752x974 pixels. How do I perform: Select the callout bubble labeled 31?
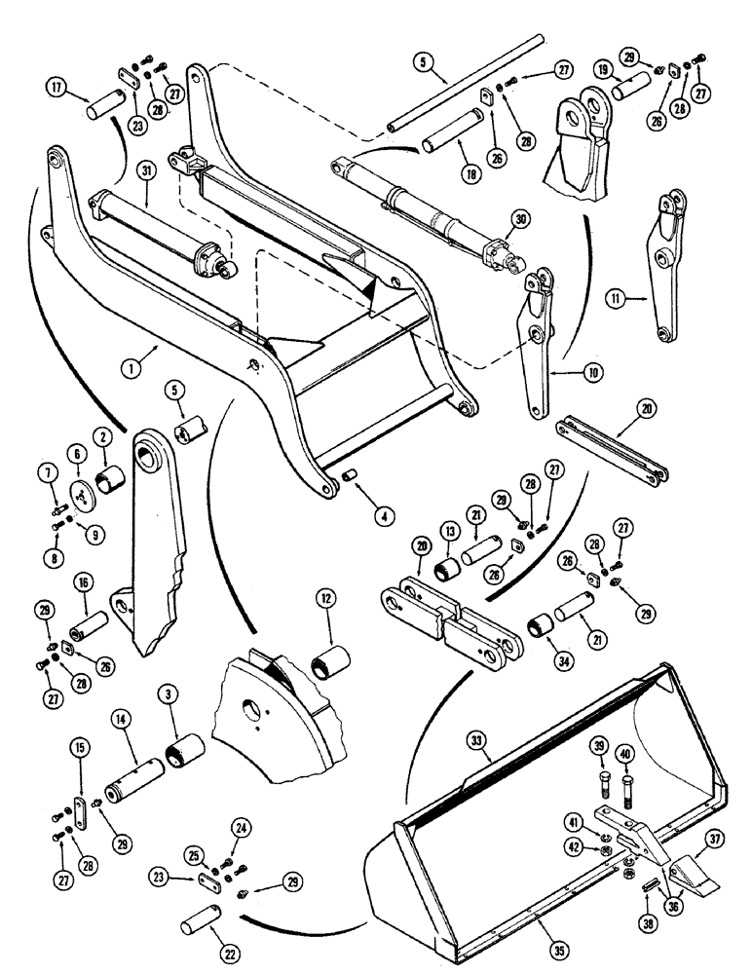[144, 171]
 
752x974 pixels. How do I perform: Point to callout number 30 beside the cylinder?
[523, 221]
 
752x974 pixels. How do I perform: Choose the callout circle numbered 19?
[603, 71]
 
